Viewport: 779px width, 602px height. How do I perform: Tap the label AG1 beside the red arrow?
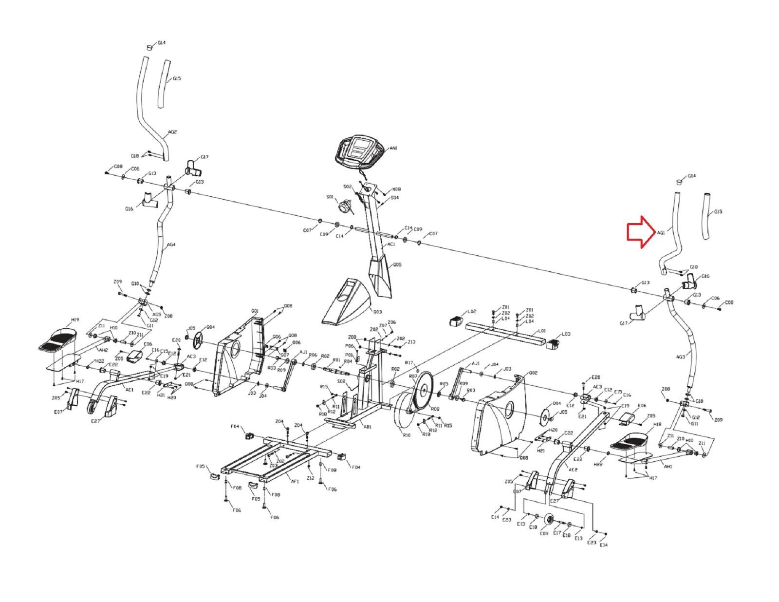[x=661, y=233]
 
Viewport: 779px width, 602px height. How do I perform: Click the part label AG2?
[x=172, y=132]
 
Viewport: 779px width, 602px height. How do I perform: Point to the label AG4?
[x=171, y=245]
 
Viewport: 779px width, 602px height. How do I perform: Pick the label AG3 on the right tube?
[x=680, y=357]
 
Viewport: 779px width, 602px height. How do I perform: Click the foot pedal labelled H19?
[x=58, y=339]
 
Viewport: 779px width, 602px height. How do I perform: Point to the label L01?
[x=541, y=331]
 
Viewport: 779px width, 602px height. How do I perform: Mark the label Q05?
[x=397, y=265]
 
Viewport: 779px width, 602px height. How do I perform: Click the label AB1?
[x=367, y=427]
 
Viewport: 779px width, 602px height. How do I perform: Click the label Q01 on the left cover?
[x=255, y=311]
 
